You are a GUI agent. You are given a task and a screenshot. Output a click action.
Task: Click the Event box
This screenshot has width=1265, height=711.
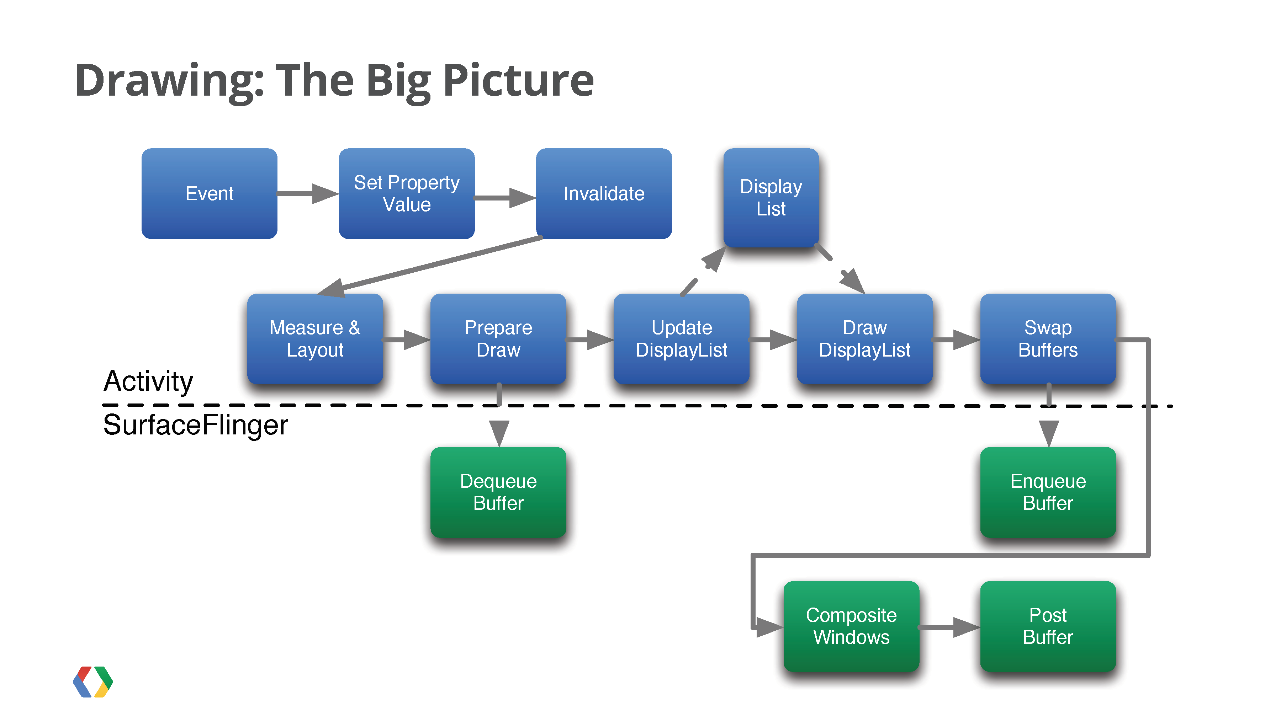[x=209, y=193]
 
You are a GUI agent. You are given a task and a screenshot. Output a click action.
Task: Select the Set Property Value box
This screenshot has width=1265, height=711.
[x=407, y=193]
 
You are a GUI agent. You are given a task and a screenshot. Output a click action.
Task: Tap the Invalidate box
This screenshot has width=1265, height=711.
[x=604, y=193]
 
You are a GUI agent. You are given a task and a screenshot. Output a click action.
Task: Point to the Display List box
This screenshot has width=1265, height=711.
[x=771, y=197]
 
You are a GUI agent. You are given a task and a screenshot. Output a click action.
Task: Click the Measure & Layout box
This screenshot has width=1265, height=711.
[x=315, y=338]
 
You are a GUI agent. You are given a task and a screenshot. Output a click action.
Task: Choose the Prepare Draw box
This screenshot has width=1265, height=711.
[x=498, y=338]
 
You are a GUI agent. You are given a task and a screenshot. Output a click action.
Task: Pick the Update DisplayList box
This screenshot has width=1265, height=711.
[x=681, y=338]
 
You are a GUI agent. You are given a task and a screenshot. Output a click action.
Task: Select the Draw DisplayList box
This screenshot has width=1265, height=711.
[x=865, y=338]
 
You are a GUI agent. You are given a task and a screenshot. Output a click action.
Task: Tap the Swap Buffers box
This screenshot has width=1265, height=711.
[x=1048, y=338]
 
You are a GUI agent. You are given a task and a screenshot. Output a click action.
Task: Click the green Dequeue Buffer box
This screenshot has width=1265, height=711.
[x=498, y=492]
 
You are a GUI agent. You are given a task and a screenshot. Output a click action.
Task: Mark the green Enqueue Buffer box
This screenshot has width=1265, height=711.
[x=1048, y=492]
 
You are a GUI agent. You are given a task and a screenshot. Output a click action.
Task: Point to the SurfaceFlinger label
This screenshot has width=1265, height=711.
[x=195, y=425]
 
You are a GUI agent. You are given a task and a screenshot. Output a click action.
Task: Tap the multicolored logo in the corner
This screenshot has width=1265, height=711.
[x=93, y=681]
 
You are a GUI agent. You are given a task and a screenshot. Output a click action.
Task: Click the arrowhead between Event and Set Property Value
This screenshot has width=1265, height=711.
[x=325, y=193]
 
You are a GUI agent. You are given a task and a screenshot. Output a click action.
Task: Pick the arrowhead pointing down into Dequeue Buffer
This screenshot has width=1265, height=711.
[x=499, y=434]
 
